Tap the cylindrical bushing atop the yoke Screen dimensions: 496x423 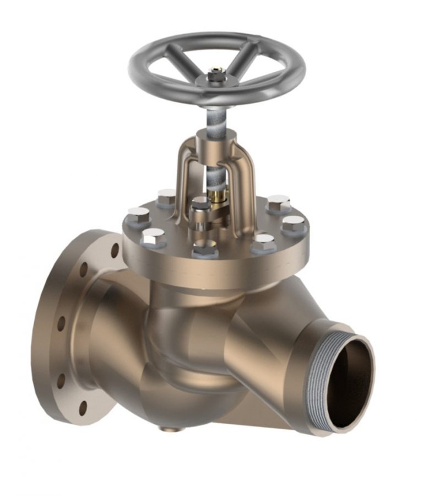[220, 135]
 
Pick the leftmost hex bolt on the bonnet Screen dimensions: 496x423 [138, 215]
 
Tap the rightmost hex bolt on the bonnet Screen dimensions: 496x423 [294, 224]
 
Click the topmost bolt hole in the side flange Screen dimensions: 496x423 [115, 250]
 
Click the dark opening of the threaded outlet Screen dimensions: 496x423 [348, 384]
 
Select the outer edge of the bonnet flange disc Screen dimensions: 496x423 [215, 270]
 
